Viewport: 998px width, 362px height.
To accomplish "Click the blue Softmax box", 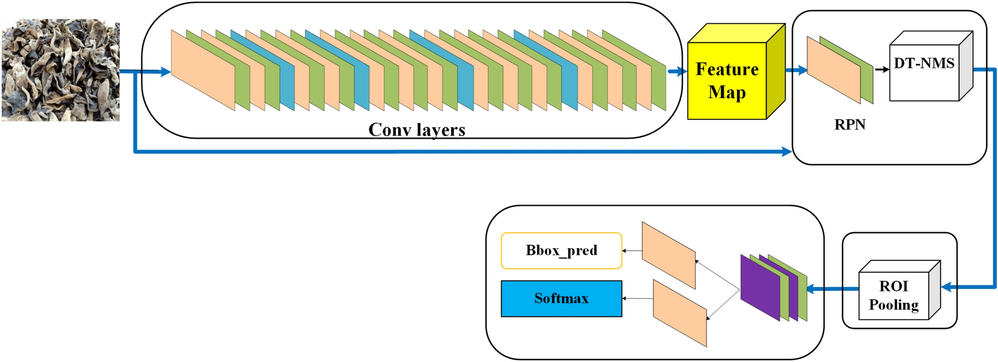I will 561,298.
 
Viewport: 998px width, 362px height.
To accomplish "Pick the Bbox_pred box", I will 561,250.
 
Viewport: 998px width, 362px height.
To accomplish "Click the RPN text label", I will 849,125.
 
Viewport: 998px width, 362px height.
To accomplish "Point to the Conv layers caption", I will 417,129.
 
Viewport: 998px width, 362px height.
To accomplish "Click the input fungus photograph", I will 60,70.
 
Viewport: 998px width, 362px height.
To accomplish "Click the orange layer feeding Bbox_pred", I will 668,255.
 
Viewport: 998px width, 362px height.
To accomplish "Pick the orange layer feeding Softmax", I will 679,313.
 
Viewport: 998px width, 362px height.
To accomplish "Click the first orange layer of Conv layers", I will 202,70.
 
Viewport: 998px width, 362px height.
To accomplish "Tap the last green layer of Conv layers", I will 659,86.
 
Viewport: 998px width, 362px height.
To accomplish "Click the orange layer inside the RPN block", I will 833,70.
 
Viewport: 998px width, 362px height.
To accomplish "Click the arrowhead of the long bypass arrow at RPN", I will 787,153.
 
